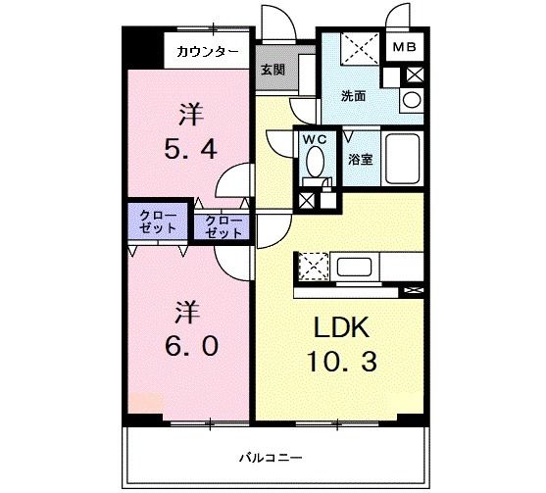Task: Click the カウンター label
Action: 208,51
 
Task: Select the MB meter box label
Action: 404,47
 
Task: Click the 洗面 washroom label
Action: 353,96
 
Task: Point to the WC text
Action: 315,138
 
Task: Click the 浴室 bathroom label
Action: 359,158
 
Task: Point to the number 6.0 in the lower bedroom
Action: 189,347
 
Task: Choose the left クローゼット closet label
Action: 158,221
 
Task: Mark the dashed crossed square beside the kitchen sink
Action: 313,265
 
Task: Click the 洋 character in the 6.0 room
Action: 189,313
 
